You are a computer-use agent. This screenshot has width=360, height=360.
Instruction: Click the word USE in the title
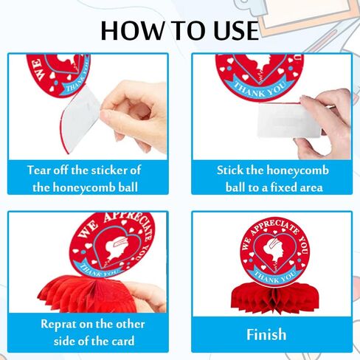click(x=237, y=30)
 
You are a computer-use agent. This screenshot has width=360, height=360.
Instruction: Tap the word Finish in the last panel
click(x=266, y=334)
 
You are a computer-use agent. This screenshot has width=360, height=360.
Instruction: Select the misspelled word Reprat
click(x=58, y=325)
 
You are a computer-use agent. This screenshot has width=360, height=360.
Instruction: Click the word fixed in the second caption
click(x=283, y=187)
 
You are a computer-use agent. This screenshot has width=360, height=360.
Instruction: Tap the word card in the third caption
click(x=123, y=342)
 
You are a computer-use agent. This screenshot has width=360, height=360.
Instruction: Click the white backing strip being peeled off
click(x=80, y=120)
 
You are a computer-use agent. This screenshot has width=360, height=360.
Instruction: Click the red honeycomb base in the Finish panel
click(x=274, y=300)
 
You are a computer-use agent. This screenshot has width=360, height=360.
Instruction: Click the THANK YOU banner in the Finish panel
click(x=274, y=275)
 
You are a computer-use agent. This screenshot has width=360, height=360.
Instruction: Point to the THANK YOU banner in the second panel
click(x=260, y=86)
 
